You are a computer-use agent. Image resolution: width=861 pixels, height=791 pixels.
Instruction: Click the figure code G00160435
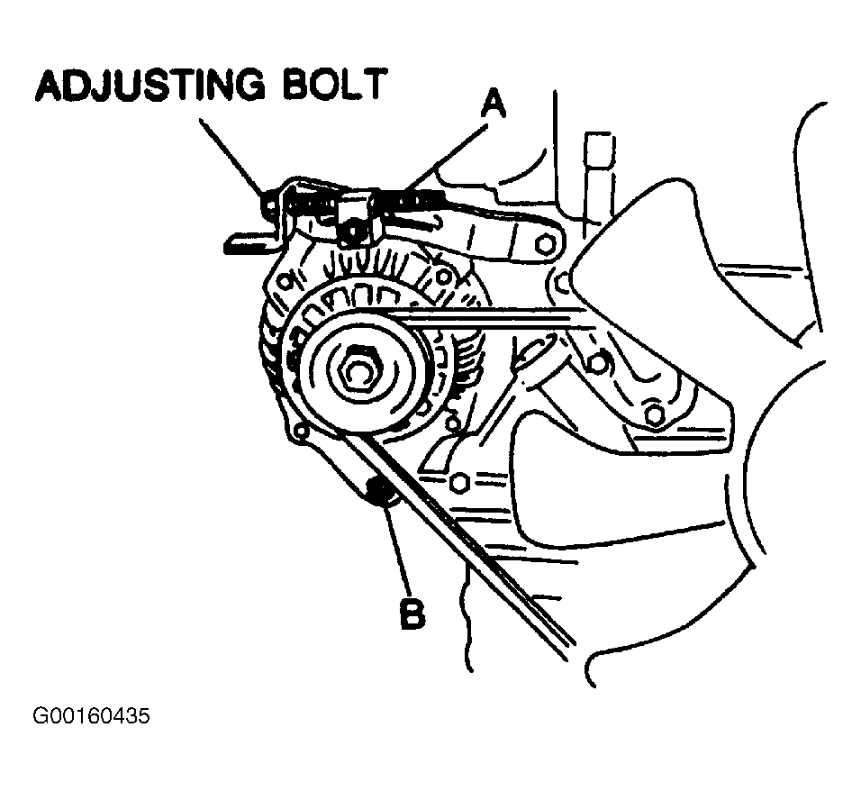coord(90,717)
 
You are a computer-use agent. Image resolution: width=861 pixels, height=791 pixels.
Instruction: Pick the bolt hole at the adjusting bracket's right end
coord(543,244)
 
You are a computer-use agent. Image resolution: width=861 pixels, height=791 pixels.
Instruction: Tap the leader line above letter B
coord(396,550)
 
